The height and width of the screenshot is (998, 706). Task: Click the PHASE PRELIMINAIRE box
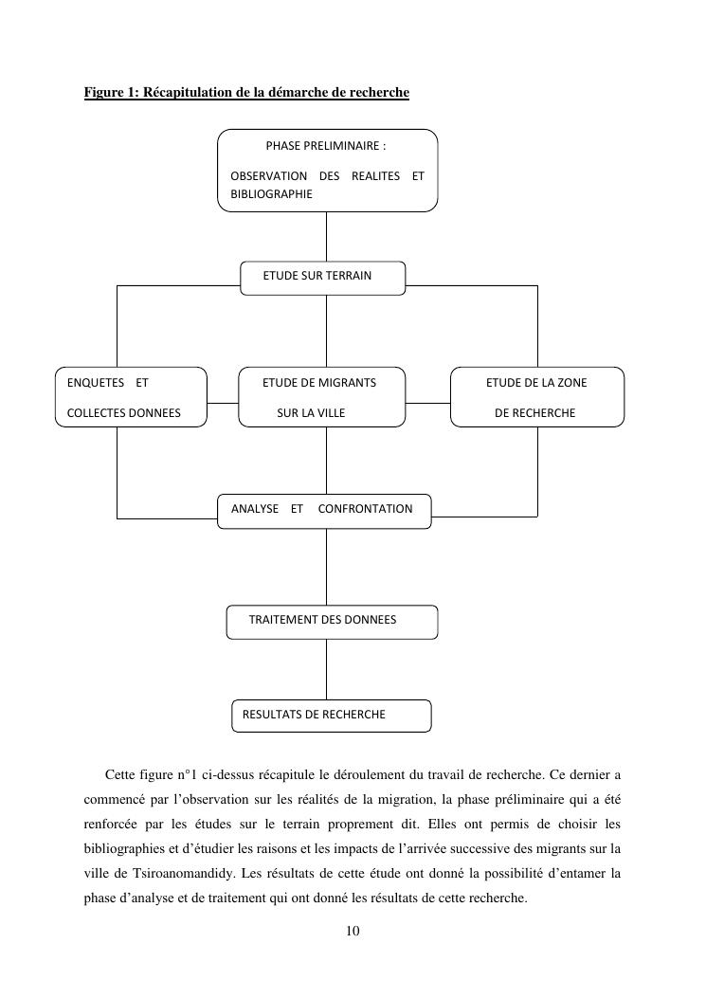click(x=327, y=171)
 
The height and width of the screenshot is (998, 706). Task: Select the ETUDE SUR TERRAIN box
click(x=322, y=277)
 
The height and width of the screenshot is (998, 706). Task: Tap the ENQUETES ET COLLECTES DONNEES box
click(x=132, y=396)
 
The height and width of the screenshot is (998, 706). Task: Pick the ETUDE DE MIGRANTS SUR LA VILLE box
click(x=322, y=396)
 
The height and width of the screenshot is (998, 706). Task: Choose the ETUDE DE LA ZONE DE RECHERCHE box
click(x=536, y=396)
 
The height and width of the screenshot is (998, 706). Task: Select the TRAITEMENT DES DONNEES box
click(x=332, y=621)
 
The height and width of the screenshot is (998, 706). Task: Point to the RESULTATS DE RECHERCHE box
click(x=331, y=715)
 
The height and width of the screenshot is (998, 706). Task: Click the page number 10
click(x=353, y=931)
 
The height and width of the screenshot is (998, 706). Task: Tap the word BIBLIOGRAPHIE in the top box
click(x=271, y=193)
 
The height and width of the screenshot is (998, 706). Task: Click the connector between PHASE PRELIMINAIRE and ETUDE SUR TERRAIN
click(x=327, y=236)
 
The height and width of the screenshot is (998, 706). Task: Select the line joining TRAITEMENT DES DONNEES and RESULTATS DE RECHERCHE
click(x=327, y=669)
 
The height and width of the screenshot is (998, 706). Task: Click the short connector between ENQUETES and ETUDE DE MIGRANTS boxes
click(x=223, y=403)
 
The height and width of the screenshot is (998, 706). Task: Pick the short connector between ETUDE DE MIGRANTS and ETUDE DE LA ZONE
click(x=427, y=403)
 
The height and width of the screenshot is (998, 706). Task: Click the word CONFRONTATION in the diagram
click(x=366, y=509)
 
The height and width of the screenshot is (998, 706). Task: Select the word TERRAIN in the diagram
click(x=348, y=276)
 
